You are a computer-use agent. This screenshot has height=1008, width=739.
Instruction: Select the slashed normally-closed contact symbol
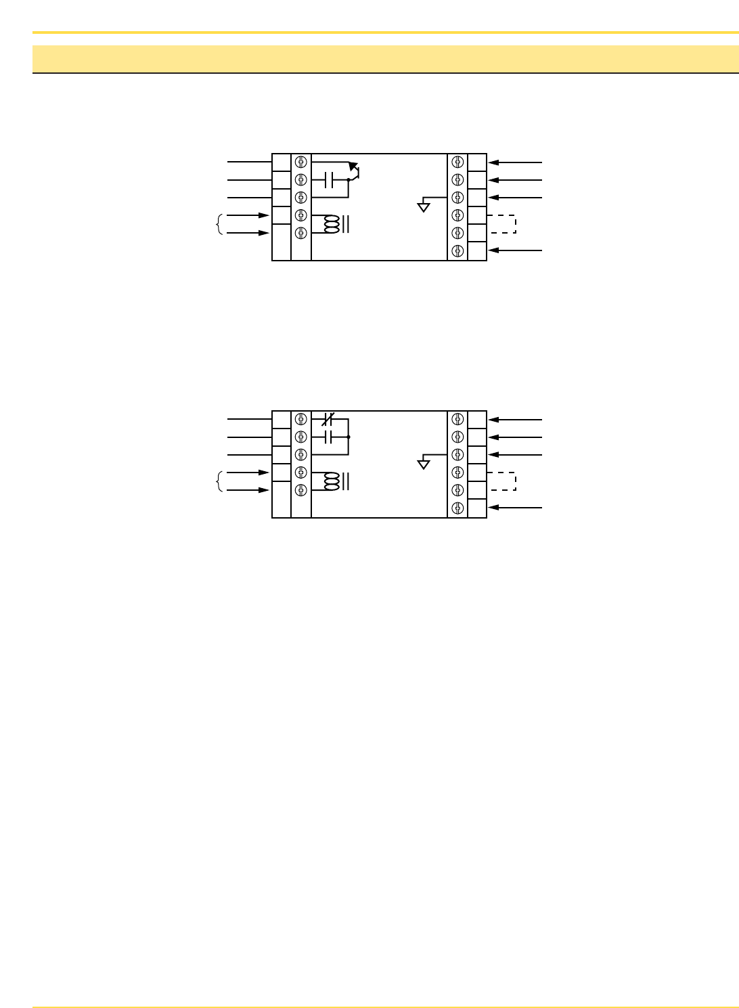(328, 419)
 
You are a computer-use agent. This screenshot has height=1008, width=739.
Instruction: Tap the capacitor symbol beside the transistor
(330, 180)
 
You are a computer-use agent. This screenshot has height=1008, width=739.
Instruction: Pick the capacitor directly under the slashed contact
(329, 437)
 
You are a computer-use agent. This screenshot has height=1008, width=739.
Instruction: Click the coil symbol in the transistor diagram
(331, 225)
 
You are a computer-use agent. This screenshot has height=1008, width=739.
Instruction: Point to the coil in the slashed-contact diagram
(331, 481)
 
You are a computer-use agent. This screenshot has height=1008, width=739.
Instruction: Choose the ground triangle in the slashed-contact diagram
(424, 464)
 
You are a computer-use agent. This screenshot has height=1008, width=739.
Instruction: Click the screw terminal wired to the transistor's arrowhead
(301, 162)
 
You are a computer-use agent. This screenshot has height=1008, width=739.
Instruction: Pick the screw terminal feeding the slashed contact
(301, 419)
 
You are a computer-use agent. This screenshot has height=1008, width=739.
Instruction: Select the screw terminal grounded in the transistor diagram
(458, 198)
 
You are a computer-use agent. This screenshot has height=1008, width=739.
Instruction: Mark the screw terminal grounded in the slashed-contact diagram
(458, 454)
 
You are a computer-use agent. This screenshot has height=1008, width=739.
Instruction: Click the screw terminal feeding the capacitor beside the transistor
(301, 180)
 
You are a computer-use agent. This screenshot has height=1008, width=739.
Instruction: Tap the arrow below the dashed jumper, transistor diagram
(515, 250)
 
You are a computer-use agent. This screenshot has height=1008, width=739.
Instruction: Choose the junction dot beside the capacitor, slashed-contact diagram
(349, 437)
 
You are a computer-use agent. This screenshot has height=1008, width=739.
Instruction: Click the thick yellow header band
(385, 59)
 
